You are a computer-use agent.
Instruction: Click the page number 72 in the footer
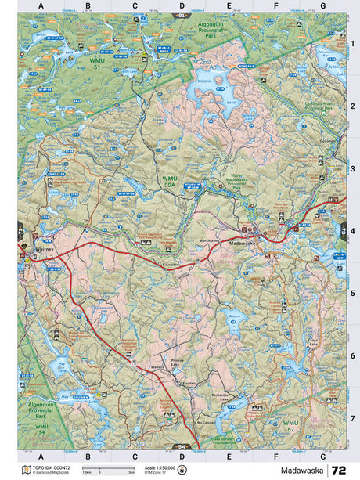338,470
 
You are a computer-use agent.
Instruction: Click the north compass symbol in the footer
182,470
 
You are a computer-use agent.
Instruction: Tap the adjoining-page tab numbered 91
182,15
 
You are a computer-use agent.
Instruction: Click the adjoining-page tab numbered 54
182,446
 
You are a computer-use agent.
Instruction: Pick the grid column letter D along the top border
182,5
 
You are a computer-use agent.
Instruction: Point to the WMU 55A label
169,181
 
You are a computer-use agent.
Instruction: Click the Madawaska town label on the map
241,243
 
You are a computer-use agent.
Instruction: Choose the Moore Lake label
232,319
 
